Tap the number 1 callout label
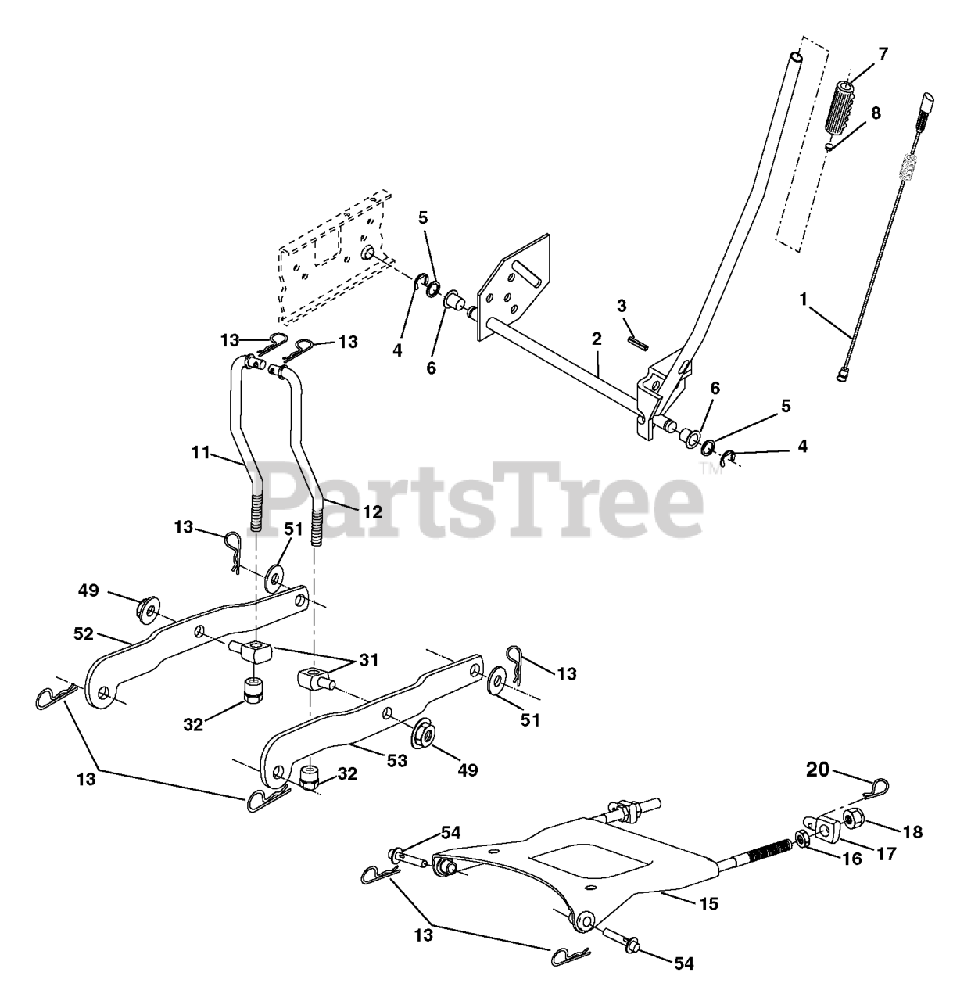coord(802,298)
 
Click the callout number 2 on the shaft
coord(596,339)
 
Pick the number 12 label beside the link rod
coord(371,511)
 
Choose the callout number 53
coord(398,759)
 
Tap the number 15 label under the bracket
coord(708,904)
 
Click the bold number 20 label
coord(817,770)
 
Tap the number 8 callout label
coord(876,113)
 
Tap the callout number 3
coord(622,305)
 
